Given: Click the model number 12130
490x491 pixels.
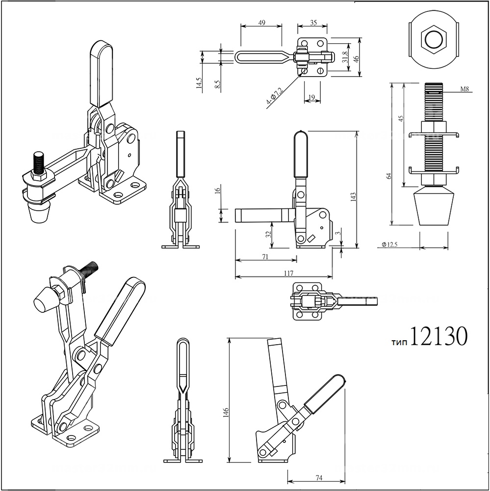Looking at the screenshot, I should coord(438,337).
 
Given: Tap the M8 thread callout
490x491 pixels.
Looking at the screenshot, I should coord(465,89).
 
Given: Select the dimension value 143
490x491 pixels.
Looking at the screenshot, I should coord(353,196).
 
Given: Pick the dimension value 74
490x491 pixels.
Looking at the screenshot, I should coord(319,477).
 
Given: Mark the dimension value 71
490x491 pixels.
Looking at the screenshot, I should coord(265,256).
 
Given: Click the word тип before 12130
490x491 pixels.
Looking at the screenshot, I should coord(400,341).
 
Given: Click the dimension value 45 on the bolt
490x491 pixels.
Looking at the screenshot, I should coord(401,118).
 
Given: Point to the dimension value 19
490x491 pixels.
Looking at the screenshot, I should coord(310,98).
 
